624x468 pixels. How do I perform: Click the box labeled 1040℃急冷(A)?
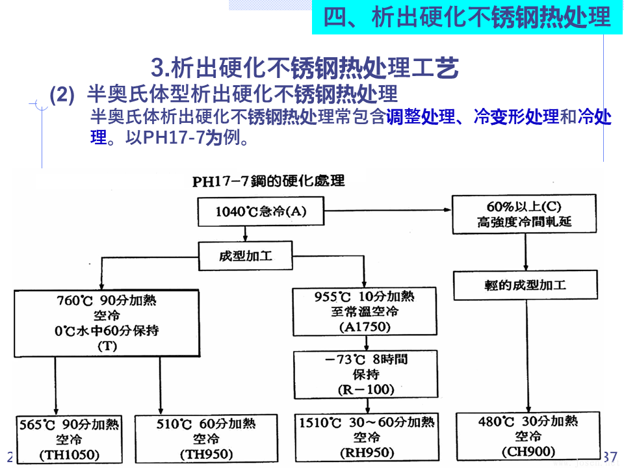(x=261, y=211)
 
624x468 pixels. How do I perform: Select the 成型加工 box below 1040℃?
(x=246, y=256)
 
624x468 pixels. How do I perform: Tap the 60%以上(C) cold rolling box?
(x=525, y=214)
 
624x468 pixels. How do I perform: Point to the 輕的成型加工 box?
(x=525, y=285)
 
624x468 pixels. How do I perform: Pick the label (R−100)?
(x=365, y=389)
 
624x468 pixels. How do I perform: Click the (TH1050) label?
(x=69, y=454)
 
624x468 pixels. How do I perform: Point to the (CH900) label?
(x=528, y=451)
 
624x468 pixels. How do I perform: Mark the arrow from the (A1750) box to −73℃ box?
(x=365, y=343)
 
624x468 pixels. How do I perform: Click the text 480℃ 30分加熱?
(x=528, y=421)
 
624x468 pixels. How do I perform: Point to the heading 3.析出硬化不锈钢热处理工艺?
(x=305, y=67)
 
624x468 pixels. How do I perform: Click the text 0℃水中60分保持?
(x=107, y=331)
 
